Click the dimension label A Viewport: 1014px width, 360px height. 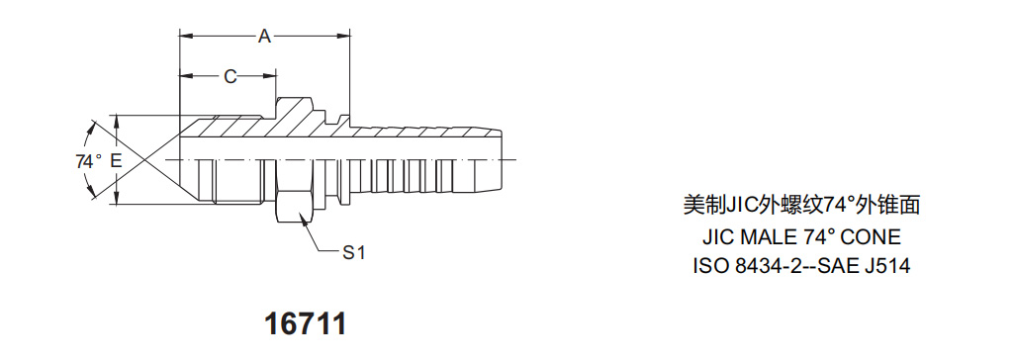tap(264, 37)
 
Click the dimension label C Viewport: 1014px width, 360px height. tap(230, 75)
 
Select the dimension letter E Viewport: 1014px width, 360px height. tap(117, 160)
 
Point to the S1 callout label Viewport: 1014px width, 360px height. tap(353, 253)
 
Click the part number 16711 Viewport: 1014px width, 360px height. tap(307, 323)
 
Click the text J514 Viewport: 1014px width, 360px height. tap(886, 266)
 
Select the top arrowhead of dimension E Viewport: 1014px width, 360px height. tap(117, 121)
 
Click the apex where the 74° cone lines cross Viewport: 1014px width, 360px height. tap(133, 160)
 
